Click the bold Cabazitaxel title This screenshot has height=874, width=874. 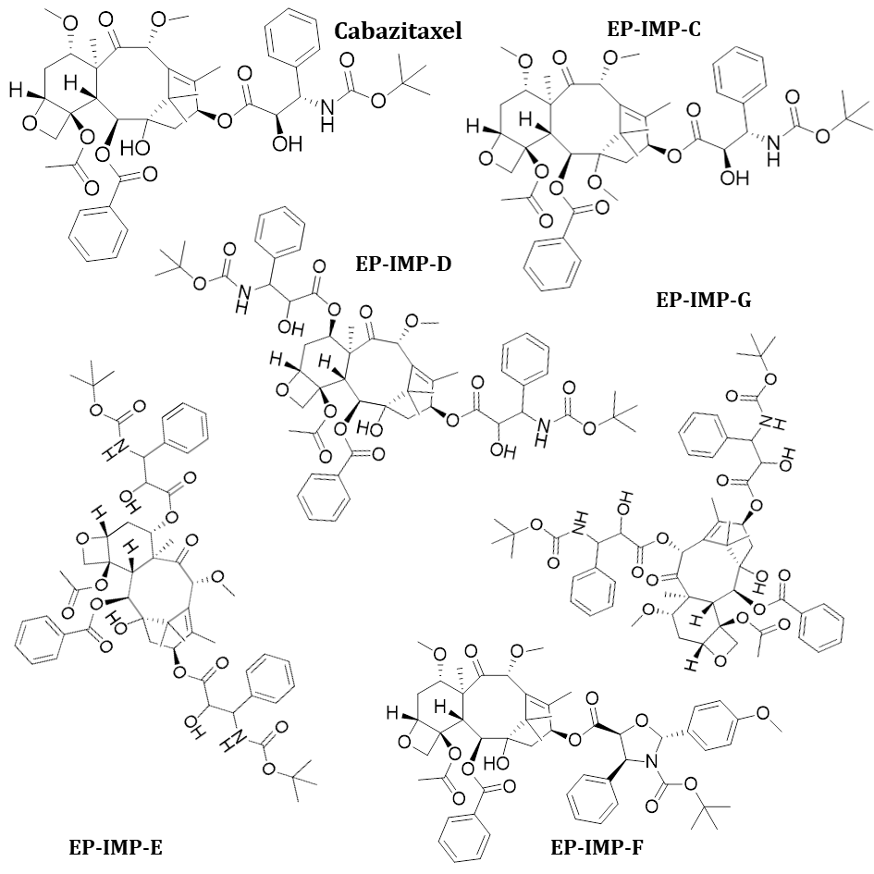click(x=398, y=31)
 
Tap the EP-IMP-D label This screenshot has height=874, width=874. click(x=404, y=262)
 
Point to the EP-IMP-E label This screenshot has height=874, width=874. click(x=116, y=845)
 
